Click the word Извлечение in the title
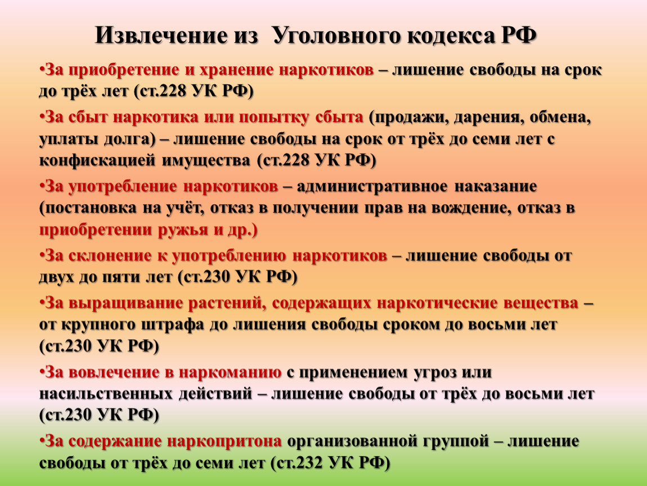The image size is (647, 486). point(161,35)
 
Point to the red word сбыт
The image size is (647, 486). point(87,117)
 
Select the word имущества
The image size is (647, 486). point(206,161)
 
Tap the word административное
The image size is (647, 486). point(372,187)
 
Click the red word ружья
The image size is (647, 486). point(183,230)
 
